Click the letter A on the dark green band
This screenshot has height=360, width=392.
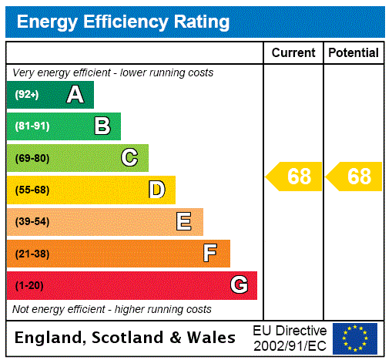75,95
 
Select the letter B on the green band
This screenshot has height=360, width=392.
102,126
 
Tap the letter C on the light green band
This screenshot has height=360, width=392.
129,158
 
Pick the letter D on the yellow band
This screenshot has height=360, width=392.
156,190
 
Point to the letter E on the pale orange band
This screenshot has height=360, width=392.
184,222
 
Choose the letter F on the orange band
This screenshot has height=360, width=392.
210,254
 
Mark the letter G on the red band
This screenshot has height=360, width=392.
239,285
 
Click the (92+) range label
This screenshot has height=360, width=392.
27,95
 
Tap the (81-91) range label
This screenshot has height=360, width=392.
32,126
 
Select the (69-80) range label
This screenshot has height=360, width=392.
32,158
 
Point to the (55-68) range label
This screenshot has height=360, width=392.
32,190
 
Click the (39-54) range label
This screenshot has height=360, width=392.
32,222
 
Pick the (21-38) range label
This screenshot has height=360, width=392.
32,254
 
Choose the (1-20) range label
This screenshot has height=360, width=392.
29,285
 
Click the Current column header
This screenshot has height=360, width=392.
293,53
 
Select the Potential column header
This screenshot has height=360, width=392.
353,53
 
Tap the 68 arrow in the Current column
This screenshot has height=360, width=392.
294,177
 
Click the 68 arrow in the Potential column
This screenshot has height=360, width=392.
354,177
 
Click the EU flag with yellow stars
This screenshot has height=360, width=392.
355,338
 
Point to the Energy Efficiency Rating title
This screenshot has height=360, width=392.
123,22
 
